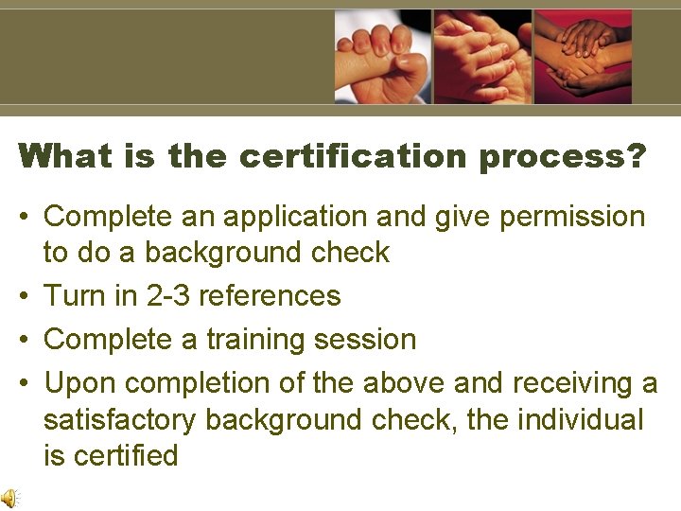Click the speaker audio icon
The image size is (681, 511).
coord(9,498)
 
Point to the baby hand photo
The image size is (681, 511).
coord(382,57)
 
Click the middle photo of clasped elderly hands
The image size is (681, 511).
coord(482,57)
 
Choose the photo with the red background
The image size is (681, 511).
coord(583,57)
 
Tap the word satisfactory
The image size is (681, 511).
coord(120,420)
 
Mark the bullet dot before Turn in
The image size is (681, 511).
coord(26,296)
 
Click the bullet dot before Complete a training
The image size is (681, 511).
coord(26,340)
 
